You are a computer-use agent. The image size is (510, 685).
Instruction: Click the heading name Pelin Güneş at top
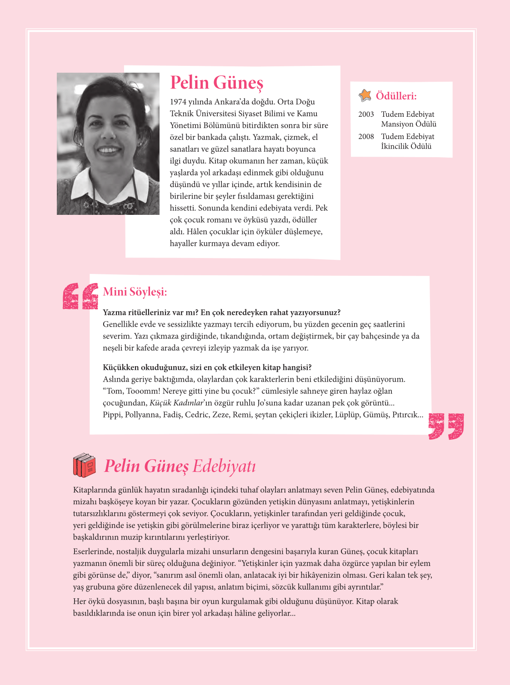[216, 83]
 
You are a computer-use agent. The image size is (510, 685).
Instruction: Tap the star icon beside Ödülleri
[365, 95]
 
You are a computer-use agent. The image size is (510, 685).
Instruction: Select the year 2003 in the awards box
[366, 114]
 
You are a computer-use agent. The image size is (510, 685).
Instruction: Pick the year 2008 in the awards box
[366, 137]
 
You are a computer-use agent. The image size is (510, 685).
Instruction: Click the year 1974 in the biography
[178, 102]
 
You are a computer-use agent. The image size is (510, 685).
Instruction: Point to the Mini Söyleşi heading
[135, 292]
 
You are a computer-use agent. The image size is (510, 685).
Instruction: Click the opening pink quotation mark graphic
[80, 296]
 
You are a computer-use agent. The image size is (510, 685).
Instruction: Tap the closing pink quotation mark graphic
[446, 426]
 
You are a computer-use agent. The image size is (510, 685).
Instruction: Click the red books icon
[85, 465]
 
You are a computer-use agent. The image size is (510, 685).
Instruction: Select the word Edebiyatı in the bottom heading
[224, 467]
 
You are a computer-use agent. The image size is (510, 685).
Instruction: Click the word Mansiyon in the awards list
[397, 124]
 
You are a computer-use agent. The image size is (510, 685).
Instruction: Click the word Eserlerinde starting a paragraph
[93, 551]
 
